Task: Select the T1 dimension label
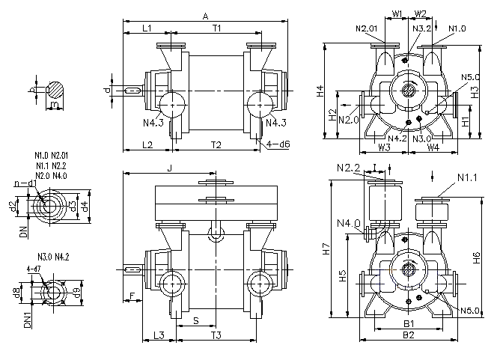point(216,28)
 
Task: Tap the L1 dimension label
point(147,28)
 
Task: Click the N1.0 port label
point(457,28)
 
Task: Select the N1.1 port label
point(468,178)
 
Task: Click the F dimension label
point(132,297)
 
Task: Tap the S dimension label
point(196,320)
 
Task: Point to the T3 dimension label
point(216,335)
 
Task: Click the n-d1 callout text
point(25,183)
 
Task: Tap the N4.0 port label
point(348,223)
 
